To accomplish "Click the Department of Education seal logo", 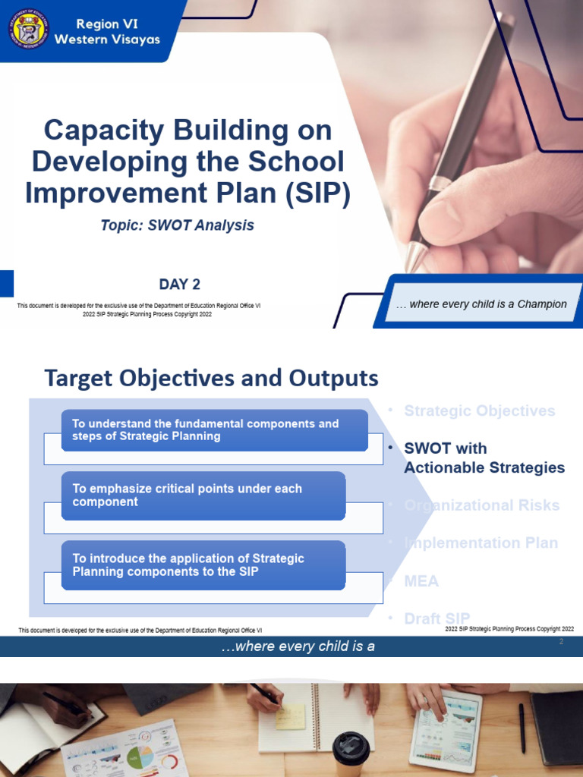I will coord(29,29).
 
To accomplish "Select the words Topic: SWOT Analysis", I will coord(177,225).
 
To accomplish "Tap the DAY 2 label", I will coord(179,285).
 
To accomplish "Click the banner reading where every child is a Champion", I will coord(481,304).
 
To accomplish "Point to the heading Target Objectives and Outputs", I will coord(211,378).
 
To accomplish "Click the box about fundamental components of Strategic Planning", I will coord(214,430).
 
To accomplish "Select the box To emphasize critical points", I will coord(203,495).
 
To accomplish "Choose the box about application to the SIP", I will coord(203,565).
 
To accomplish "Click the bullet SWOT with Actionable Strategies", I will coord(484,458).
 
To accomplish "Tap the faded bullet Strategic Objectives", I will coord(479,411).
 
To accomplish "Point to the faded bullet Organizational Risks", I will coord(481,505).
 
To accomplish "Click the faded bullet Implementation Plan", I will coord(481,543).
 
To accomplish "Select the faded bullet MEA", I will coord(421,581).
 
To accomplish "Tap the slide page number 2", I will coord(561,643).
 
